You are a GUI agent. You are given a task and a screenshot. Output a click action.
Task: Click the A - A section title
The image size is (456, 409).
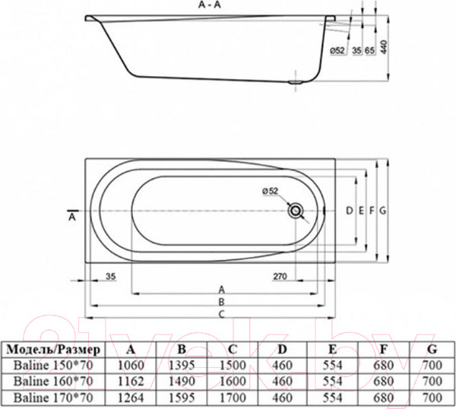[210, 5]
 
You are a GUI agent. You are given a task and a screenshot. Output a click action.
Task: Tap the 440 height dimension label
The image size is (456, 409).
[384, 47]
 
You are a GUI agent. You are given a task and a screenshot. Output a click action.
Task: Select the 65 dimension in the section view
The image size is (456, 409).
[369, 50]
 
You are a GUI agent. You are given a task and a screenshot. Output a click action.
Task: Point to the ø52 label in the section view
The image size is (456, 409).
[337, 50]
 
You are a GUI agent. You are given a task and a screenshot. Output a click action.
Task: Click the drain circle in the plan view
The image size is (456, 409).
[295, 211]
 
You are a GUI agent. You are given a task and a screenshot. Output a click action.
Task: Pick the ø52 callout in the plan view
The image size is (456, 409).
[270, 191]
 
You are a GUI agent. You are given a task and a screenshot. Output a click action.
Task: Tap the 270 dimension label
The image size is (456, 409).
[280, 276]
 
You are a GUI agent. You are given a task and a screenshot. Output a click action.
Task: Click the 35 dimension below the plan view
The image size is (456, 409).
[110, 276]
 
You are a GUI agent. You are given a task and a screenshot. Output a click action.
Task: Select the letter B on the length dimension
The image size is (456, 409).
[221, 302]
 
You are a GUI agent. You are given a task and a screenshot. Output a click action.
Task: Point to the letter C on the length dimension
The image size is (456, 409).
[221, 314]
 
